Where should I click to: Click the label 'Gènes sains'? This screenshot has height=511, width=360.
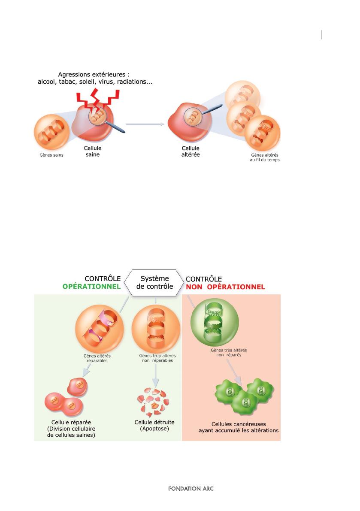tap(51, 155)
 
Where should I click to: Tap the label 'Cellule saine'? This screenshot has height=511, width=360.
tap(93, 151)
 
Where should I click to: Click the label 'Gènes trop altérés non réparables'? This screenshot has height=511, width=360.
tap(158, 358)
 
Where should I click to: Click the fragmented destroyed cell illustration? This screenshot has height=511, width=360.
tap(153, 402)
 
